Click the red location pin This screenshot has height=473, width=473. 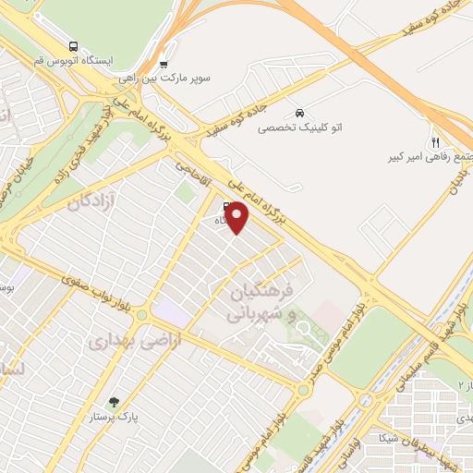[238, 216]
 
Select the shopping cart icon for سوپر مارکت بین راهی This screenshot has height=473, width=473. [164, 65]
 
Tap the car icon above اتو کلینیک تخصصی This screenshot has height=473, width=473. [298, 107]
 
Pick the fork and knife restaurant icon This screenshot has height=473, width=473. [434, 142]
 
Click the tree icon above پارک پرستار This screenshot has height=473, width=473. [114, 402]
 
